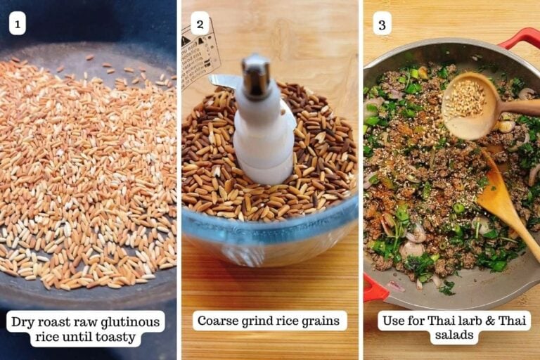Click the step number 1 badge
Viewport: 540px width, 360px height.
[x=17, y=25]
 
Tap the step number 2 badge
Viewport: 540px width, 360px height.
[x=200, y=25]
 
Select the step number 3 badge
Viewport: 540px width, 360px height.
[x=382, y=25]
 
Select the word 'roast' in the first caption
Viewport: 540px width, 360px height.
[x=58, y=323]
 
